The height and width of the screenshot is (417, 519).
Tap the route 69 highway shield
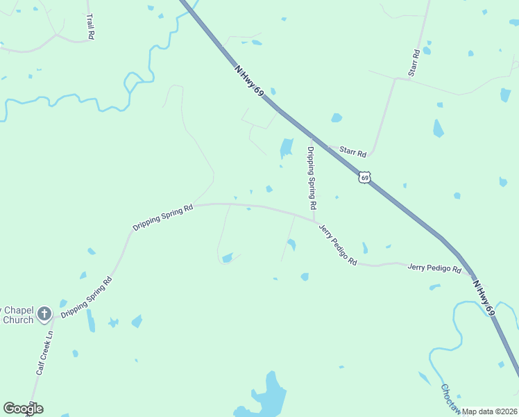click(x=365, y=177)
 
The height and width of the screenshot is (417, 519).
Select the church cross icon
click(x=44, y=313)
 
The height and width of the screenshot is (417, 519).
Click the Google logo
click(x=23, y=409)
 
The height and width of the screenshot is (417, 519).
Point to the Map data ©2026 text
click(x=489, y=411)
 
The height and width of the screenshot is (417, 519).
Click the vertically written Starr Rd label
click(x=415, y=62)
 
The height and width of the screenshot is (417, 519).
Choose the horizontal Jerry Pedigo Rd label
click(x=434, y=268)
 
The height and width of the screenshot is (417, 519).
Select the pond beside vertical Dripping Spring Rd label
click(x=286, y=147)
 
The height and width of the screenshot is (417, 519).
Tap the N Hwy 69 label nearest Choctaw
click(x=484, y=299)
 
